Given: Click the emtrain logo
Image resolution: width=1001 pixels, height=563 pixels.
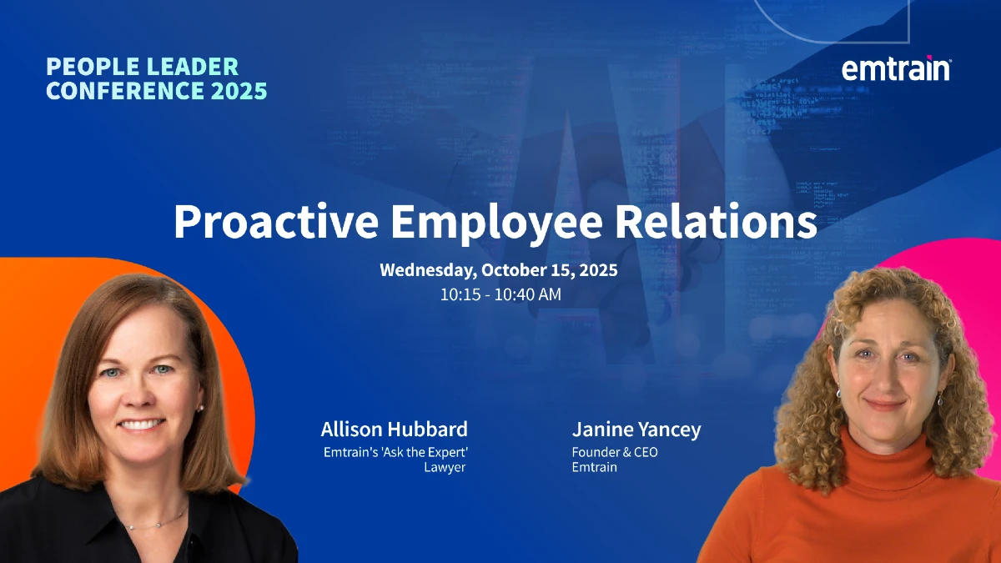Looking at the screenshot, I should click(x=896, y=68).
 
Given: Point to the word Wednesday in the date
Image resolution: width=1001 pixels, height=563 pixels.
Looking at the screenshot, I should click(x=425, y=270).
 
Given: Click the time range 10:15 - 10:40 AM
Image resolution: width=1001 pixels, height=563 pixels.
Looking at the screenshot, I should click(x=500, y=294).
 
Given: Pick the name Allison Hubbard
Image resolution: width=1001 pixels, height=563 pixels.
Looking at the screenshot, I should click(x=394, y=430).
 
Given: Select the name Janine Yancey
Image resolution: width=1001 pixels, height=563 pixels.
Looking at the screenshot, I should click(x=636, y=430).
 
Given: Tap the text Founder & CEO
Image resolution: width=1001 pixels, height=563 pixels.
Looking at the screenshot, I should click(x=615, y=452).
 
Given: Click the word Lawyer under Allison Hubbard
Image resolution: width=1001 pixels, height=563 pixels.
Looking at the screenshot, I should click(x=445, y=467).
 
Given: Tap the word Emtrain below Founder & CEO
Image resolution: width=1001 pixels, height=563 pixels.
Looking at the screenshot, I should click(x=595, y=467).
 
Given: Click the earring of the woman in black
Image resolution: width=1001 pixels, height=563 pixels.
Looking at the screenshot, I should click(x=201, y=408).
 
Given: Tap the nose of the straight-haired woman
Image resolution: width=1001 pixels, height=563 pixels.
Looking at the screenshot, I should click(x=139, y=395).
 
